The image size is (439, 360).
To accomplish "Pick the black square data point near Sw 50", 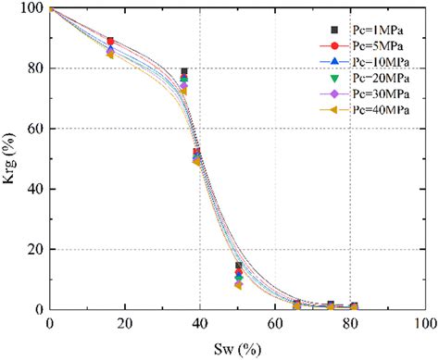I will (x=238, y=266).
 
